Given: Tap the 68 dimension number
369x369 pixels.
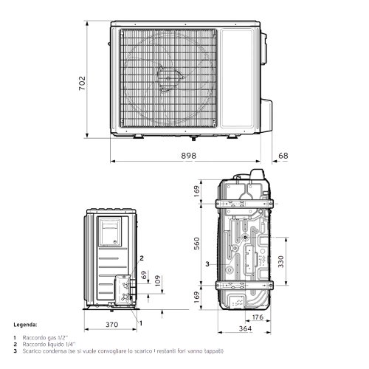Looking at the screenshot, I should [x=284, y=155].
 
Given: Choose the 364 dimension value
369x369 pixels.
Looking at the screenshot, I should [x=245, y=328].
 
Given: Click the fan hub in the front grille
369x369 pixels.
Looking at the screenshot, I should [x=167, y=75].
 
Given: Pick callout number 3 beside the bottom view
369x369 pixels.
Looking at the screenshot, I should [x=207, y=263].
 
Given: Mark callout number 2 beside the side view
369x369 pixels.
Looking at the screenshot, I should [x=140, y=258].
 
